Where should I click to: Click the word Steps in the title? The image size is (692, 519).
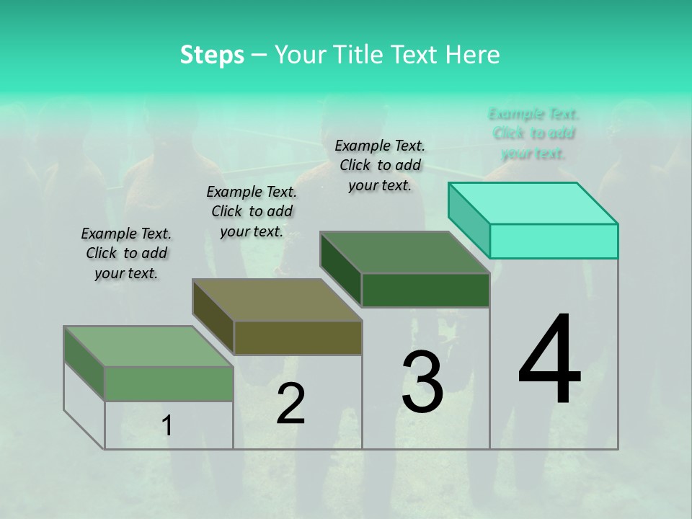click(212, 55)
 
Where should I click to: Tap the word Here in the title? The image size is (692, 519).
click(473, 55)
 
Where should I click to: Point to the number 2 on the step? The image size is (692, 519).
click(290, 404)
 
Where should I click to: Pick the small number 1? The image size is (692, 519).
click(167, 426)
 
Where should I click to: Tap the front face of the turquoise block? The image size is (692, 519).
click(554, 241)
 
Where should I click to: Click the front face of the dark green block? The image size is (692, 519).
click(425, 290)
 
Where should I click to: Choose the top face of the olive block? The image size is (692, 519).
click(277, 300)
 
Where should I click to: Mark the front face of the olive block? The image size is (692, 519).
click(298, 337)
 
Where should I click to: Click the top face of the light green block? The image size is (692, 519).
click(148, 346)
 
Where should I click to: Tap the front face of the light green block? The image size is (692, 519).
click(169, 383)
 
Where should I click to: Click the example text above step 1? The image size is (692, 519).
click(126, 253)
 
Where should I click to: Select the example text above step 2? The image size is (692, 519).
click(252, 211)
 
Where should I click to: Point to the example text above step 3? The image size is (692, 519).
click(380, 165)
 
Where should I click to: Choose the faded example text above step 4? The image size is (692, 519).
click(533, 133)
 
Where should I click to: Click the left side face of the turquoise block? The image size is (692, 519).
click(469, 219)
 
